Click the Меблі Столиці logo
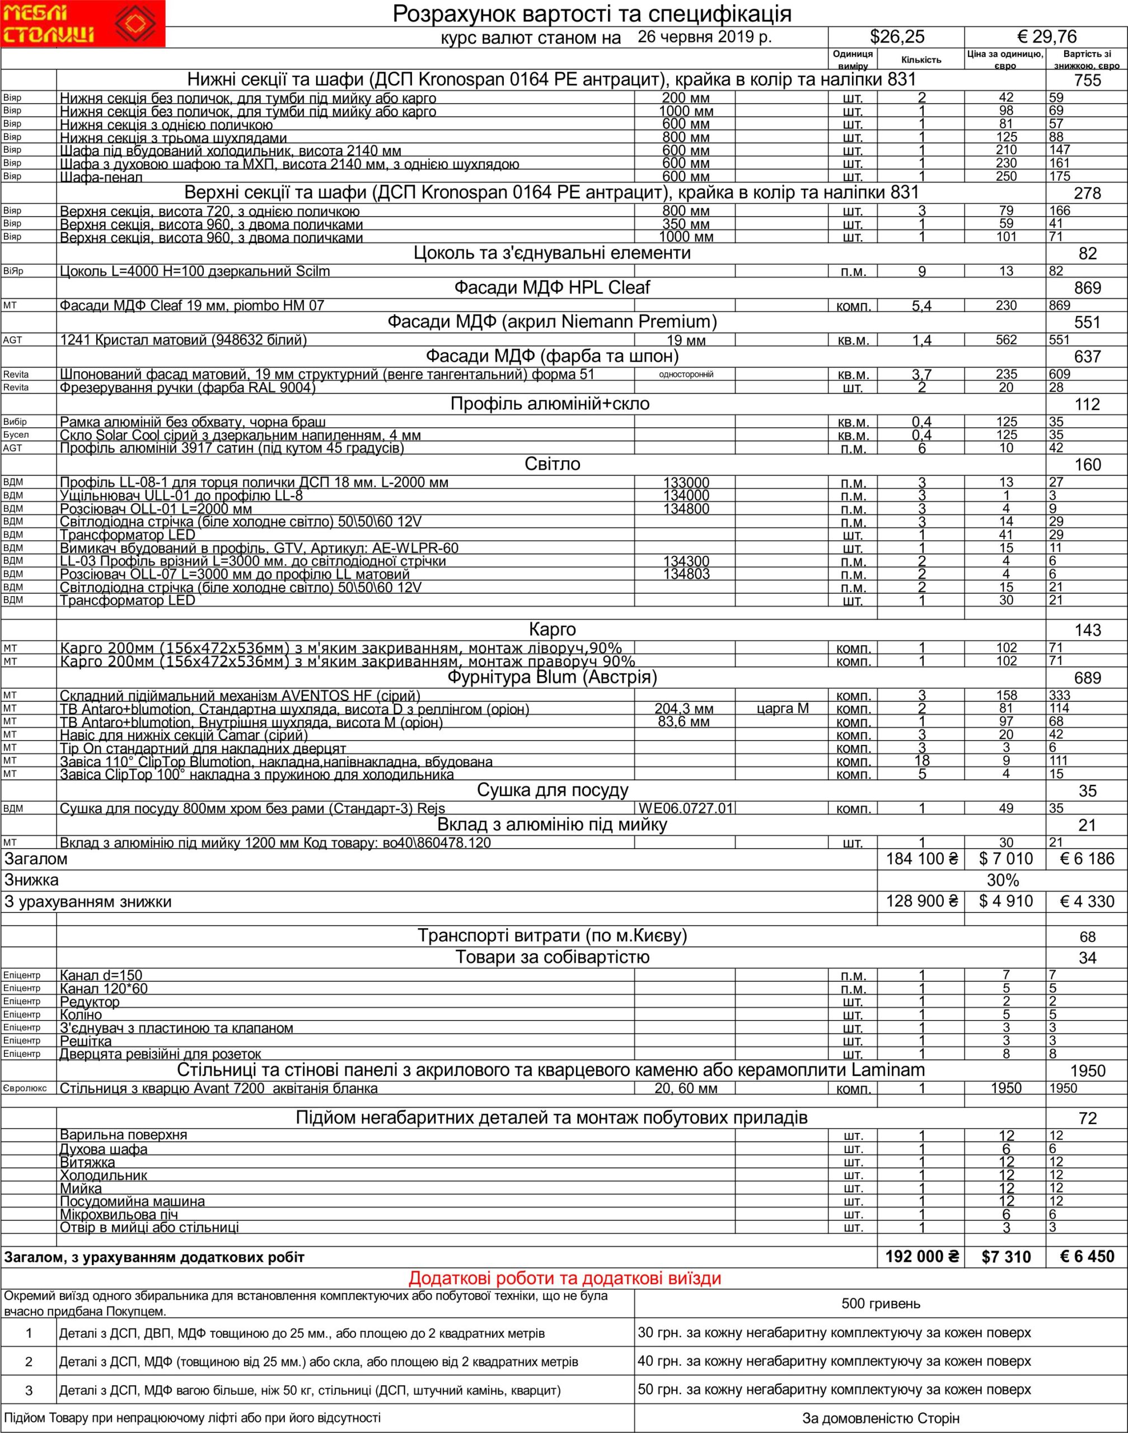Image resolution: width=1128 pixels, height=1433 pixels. click(82, 24)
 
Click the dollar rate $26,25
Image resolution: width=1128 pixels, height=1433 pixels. click(897, 37)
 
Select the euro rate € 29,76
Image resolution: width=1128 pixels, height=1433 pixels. click(1046, 37)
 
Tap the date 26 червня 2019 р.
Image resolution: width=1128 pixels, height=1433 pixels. click(705, 37)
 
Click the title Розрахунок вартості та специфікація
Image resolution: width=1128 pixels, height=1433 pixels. click(592, 13)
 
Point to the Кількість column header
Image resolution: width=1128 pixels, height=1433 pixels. click(921, 60)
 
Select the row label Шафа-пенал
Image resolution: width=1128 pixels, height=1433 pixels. click(101, 177)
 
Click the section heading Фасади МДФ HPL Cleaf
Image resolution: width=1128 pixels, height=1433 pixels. click(552, 288)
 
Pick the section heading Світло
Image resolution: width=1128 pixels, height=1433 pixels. click(552, 464)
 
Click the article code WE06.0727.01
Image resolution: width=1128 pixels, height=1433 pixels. click(686, 808)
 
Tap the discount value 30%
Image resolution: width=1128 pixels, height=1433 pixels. click(1003, 881)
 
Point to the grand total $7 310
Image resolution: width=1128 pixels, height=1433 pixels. click(1005, 1257)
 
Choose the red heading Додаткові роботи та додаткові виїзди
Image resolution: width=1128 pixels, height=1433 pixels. click(565, 1279)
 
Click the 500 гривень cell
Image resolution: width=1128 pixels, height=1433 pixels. click(881, 1304)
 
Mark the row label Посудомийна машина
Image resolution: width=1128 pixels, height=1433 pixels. click(132, 1201)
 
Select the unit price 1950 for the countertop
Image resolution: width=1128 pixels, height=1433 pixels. click(1006, 1088)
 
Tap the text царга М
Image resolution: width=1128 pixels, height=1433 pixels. click(783, 709)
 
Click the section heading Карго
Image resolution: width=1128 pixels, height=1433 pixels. click(552, 630)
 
